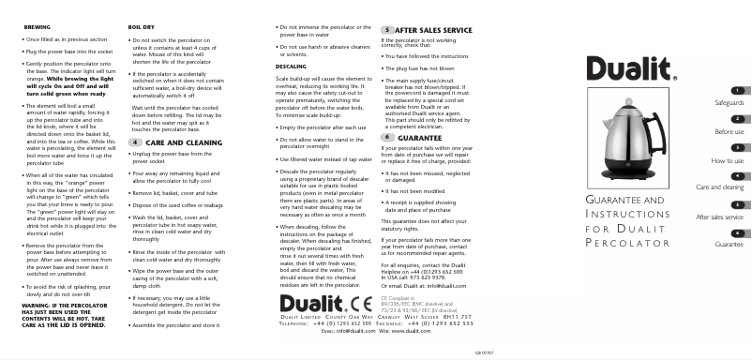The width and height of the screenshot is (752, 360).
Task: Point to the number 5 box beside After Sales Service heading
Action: coord(387,30)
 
